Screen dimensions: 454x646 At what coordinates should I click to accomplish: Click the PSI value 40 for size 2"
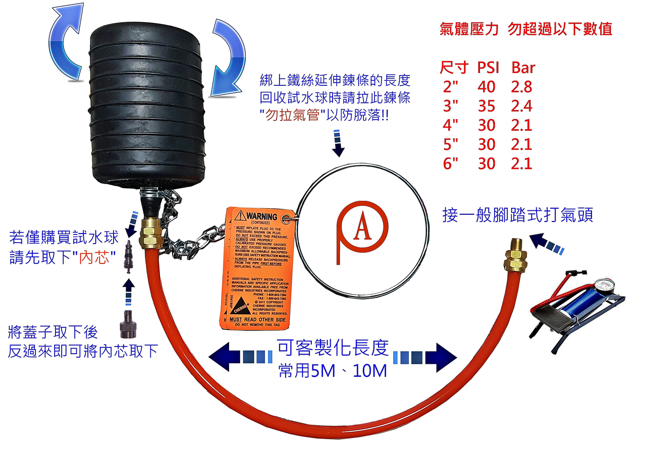point(487,87)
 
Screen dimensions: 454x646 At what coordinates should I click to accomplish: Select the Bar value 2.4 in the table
point(521,106)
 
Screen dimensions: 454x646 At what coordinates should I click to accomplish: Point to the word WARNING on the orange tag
point(261,216)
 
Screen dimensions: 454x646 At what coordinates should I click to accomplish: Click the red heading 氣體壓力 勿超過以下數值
point(526,29)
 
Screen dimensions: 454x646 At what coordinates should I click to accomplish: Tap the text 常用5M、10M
point(333,371)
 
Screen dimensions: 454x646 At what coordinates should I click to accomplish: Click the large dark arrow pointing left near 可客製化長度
point(226,356)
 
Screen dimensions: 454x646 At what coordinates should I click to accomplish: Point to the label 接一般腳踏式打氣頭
point(517,215)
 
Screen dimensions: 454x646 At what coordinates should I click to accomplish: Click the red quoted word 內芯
point(98,257)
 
